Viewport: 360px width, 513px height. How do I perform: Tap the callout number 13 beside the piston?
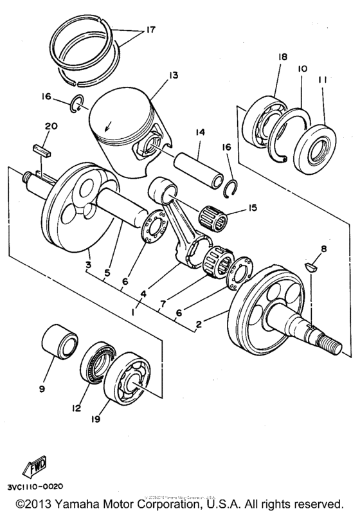pyautogui.click(x=154, y=76)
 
